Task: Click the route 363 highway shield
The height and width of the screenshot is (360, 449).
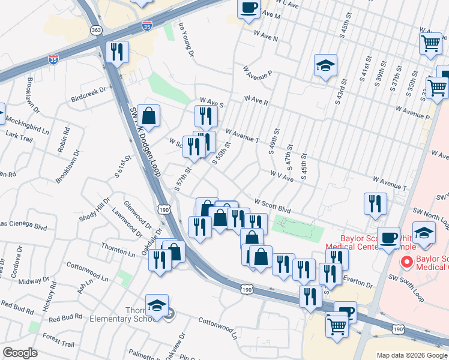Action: coord(95,29)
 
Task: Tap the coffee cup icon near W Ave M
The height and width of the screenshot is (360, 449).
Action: coord(249,8)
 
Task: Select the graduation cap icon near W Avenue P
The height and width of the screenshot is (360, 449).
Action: coord(325,65)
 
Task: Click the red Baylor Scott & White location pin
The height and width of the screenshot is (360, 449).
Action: coord(406,262)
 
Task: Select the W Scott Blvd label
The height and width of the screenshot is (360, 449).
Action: coord(273,206)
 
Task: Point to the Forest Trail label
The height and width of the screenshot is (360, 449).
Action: coord(58,344)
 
